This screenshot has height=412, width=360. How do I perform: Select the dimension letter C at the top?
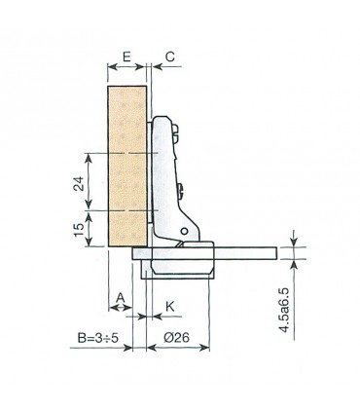(x=169, y=56)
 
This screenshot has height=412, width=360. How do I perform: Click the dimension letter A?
(x=122, y=296)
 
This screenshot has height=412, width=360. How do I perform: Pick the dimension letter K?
(x=169, y=306)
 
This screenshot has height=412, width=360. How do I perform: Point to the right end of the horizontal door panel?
(x=274, y=252)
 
